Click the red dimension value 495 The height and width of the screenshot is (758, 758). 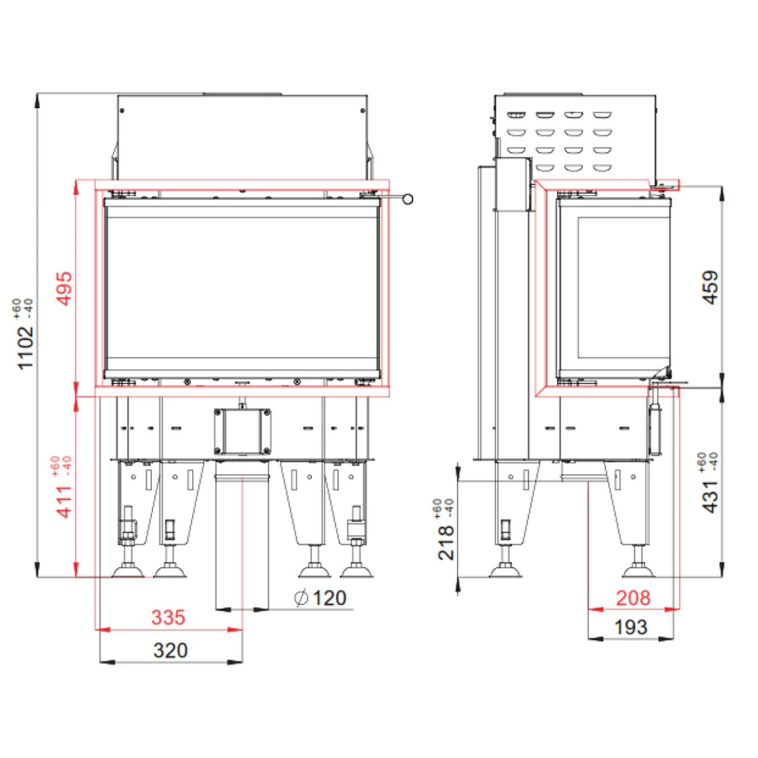tap(64, 288)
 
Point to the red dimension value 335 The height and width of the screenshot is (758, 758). tap(168, 617)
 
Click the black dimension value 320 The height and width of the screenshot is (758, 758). tap(170, 650)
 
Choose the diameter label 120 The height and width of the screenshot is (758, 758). tap(329, 598)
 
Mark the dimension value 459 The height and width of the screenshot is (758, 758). tap(709, 287)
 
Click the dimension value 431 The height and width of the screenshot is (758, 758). tap(709, 496)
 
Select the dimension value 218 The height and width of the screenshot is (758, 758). tap(446, 542)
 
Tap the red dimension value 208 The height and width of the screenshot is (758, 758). tap(632, 598)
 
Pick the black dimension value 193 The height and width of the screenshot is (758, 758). tap(631, 627)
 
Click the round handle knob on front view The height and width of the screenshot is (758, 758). tap(407, 199)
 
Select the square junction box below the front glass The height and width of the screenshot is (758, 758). tap(243, 431)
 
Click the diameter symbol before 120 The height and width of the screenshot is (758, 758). tap(301, 598)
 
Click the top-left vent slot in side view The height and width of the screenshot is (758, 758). tap(516, 114)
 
